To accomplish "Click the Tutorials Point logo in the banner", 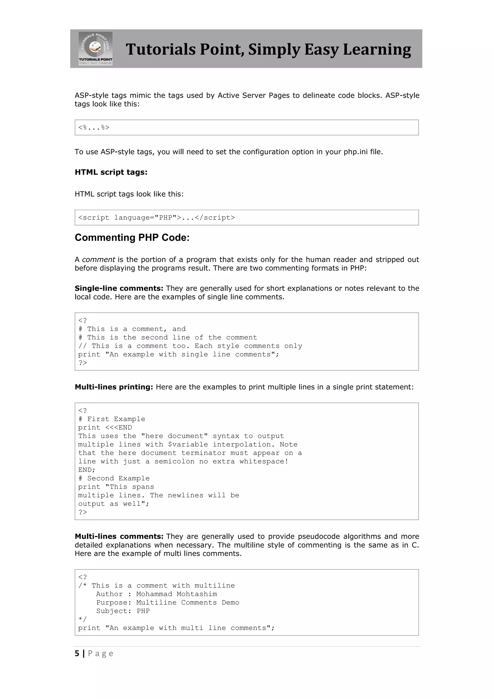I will tap(96, 49).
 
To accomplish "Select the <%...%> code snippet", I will tap(94, 127).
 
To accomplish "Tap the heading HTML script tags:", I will tap(111, 172).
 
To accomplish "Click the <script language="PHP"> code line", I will tap(156, 218).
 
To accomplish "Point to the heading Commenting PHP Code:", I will tap(132, 238).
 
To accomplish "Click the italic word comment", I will tap(98, 260).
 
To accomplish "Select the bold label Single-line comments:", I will tap(119, 288).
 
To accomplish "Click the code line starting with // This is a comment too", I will tap(190, 346).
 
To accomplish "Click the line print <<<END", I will tap(105, 427).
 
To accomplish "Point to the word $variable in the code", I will tap(188, 445).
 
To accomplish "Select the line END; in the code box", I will tap(87, 470).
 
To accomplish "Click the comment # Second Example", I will tap(114, 478).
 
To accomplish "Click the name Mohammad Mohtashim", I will tap(176, 594).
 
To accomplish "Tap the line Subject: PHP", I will tap(123, 611).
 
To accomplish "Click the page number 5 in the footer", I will tap(77, 654).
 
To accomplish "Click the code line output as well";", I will tap(113, 504).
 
